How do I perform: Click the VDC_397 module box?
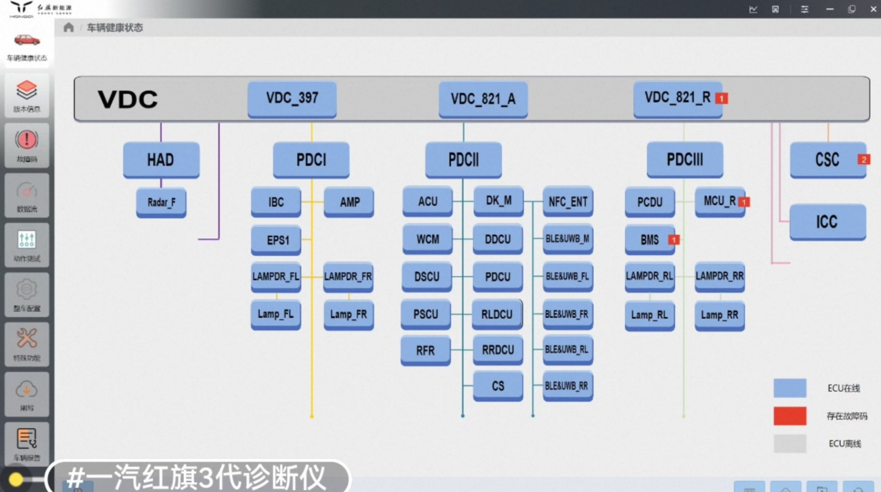pos(292,99)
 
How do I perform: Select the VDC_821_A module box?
pos(483,99)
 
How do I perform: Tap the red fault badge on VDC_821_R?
pos(721,99)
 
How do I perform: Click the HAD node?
pos(161,160)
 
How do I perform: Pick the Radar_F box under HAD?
pos(161,203)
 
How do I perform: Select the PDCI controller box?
pos(311,160)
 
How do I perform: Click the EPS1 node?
pos(276,240)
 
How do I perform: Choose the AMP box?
pos(349,202)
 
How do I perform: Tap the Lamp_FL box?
pos(276,314)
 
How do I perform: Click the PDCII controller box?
pos(463,160)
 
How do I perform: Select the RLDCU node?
pos(497,314)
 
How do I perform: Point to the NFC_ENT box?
pos(568,202)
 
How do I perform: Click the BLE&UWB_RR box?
pos(568,386)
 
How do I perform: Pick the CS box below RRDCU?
pos(498,386)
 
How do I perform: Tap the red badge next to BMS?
pos(673,240)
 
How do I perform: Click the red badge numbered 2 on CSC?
pos(863,160)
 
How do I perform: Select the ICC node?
pos(827,222)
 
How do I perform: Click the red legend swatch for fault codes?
pos(790,416)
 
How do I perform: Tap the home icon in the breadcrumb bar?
pos(68,28)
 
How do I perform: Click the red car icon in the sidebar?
pos(26,40)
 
